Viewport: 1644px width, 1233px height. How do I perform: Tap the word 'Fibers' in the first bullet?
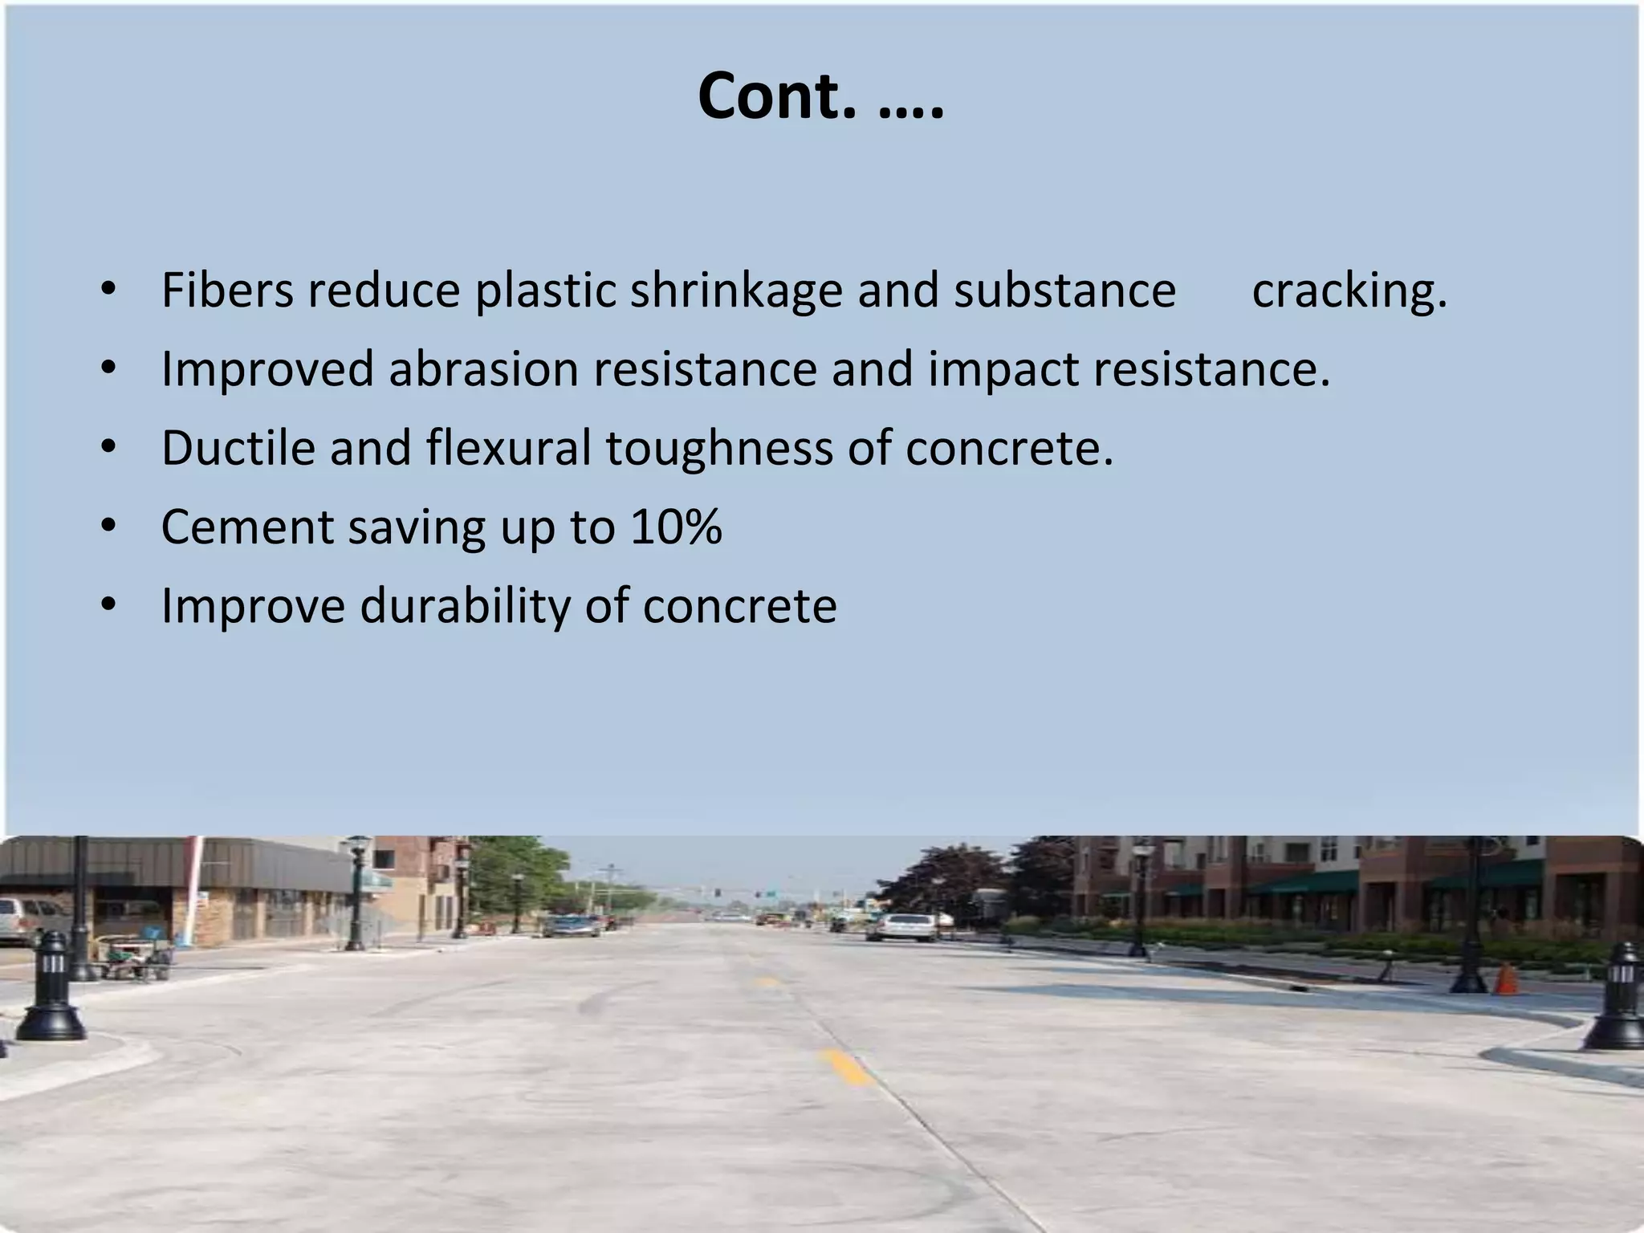pos(227,290)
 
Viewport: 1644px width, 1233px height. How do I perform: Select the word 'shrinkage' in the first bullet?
pos(735,290)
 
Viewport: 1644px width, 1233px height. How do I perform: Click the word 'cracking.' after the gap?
pos(1349,290)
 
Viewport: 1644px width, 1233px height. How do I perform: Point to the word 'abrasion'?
pos(483,369)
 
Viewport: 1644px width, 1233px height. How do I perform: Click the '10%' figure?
pos(676,527)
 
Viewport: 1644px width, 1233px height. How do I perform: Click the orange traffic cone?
pos(1507,979)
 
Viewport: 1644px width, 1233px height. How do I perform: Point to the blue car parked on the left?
pos(571,926)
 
